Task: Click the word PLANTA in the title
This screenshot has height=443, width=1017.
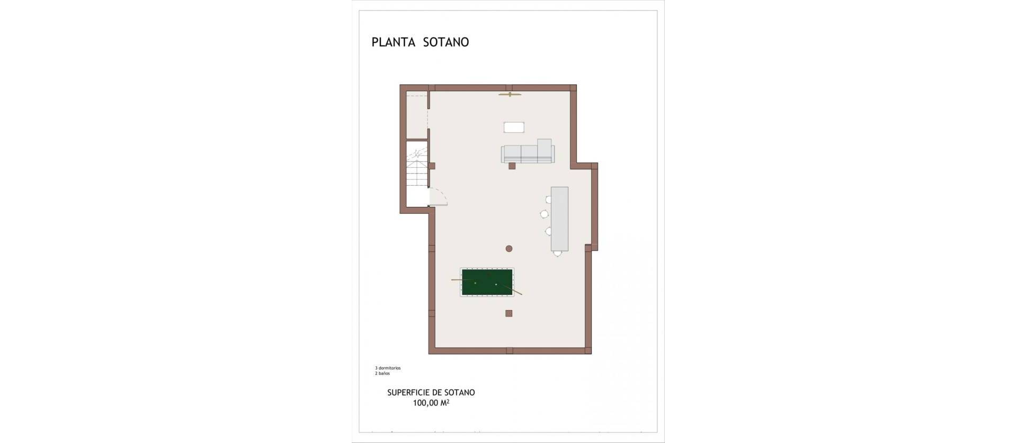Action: pyautogui.click(x=393, y=42)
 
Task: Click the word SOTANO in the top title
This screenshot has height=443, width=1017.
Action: pyautogui.click(x=446, y=42)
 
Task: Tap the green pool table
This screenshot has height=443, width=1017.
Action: pyautogui.click(x=487, y=283)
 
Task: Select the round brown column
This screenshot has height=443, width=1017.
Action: pyautogui.click(x=509, y=248)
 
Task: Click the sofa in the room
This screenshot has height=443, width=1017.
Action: pyautogui.click(x=528, y=153)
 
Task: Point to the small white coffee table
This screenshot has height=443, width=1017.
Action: pyautogui.click(x=514, y=127)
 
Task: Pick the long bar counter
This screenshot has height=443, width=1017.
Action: pyautogui.click(x=559, y=219)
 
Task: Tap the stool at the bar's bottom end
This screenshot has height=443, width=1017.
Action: pyautogui.click(x=557, y=254)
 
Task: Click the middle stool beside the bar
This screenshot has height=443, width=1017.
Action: pyautogui.click(x=545, y=214)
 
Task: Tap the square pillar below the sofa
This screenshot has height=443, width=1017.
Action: pyautogui.click(x=512, y=166)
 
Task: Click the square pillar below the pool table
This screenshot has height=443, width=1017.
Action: pyautogui.click(x=508, y=313)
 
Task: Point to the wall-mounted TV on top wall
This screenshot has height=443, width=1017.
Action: pyautogui.click(x=510, y=95)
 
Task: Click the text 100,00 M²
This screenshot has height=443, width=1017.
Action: pyautogui.click(x=431, y=403)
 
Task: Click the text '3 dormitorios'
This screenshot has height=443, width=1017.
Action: pyautogui.click(x=388, y=368)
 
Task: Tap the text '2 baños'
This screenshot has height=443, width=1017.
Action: pyautogui.click(x=382, y=374)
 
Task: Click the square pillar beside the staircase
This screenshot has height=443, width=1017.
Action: pyautogui.click(x=432, y=166)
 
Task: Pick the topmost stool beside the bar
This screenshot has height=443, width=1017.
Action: pyautogui.click(x=549, y=200)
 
